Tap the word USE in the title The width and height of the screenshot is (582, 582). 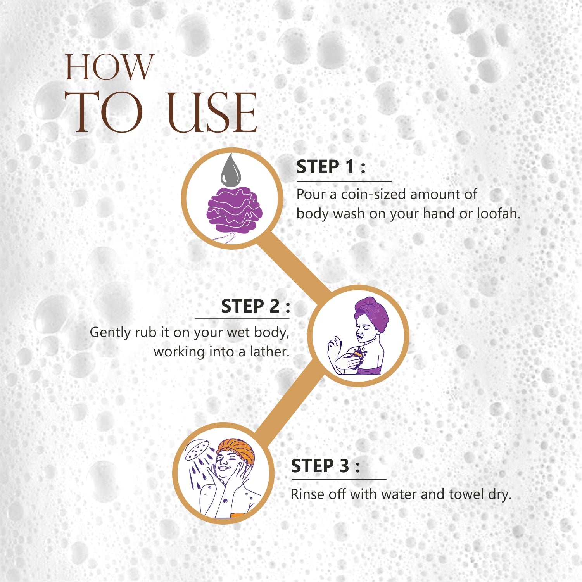click(212, 112)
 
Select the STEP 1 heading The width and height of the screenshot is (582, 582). click(331, 167)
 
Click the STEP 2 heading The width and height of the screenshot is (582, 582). click(256, 306)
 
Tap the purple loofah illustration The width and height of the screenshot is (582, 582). click(234, 211)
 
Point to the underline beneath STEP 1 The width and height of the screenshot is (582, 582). click(344, 181)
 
